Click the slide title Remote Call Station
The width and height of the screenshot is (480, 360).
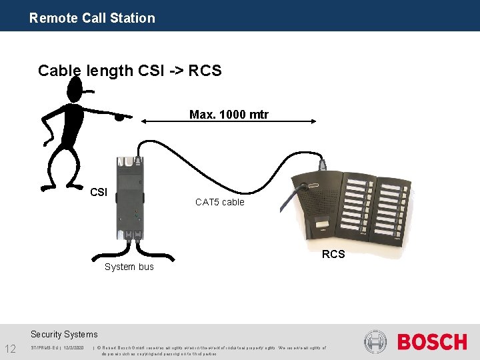click(x=92, y=18)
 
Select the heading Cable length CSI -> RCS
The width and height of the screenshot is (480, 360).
click(x=129, y=71)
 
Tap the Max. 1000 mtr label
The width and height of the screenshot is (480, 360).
click(x=229, y=115)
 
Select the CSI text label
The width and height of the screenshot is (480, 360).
click(x=98, y=192)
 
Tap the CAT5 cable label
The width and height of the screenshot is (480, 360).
click(x=219, y=202)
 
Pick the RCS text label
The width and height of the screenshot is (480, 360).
click(x=333, y=254)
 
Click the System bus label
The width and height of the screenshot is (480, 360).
click(x=129, y=267)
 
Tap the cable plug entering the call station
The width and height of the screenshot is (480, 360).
click(x=322, y=163)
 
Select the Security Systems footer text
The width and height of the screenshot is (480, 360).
click(x=64, y=334)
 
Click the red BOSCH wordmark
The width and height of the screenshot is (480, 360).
click(x=432, y=342)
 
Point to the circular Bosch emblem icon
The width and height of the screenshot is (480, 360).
click(x=376, y=342)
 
